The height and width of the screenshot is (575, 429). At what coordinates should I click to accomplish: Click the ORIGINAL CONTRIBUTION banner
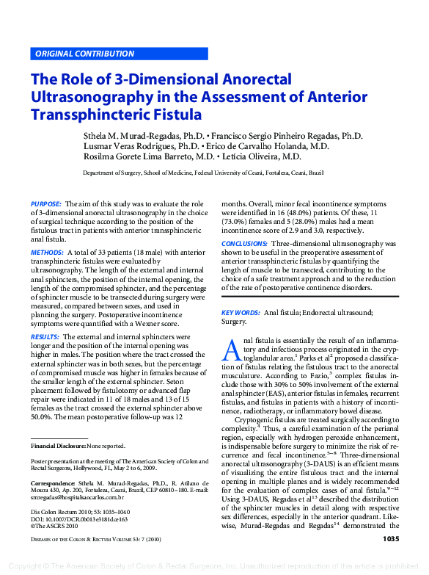click(84, 54)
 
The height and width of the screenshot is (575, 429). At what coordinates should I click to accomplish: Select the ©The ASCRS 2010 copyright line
click(55, 527)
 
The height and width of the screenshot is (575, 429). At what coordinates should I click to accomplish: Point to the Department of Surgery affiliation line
click(202, 173)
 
